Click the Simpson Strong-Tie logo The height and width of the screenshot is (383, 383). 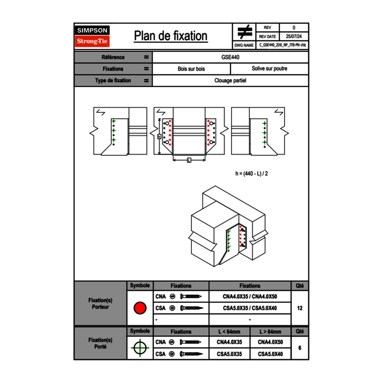click(92, 36)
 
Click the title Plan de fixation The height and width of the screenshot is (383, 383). click(171, 36)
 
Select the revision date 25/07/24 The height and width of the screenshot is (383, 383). click(294, 37)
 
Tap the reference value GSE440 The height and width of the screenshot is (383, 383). click(230, 57)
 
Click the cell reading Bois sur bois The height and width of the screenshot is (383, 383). click(191, 69)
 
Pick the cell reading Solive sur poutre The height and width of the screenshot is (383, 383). click(269, 69)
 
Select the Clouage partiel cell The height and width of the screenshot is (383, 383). click(230, 81)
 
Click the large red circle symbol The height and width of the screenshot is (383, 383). click(140, 308)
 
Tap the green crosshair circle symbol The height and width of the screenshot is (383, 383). click(140, 348)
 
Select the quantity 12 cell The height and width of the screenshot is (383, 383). click(299, 308)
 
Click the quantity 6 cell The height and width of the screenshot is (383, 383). click(299, 348)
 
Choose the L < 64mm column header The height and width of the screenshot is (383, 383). click(229, 332)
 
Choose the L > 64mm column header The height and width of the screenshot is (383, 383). click(270, 332)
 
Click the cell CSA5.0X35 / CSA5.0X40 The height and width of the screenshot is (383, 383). click(250, 308)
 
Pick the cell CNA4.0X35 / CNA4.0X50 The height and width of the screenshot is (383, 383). click(250, 297)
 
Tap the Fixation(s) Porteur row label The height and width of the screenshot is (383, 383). click(101, 304)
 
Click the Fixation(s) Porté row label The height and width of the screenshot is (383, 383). click(101, 343)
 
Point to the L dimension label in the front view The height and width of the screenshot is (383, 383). click(189, 161)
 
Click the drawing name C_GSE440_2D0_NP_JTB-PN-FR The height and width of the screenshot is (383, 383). click(282, 45)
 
